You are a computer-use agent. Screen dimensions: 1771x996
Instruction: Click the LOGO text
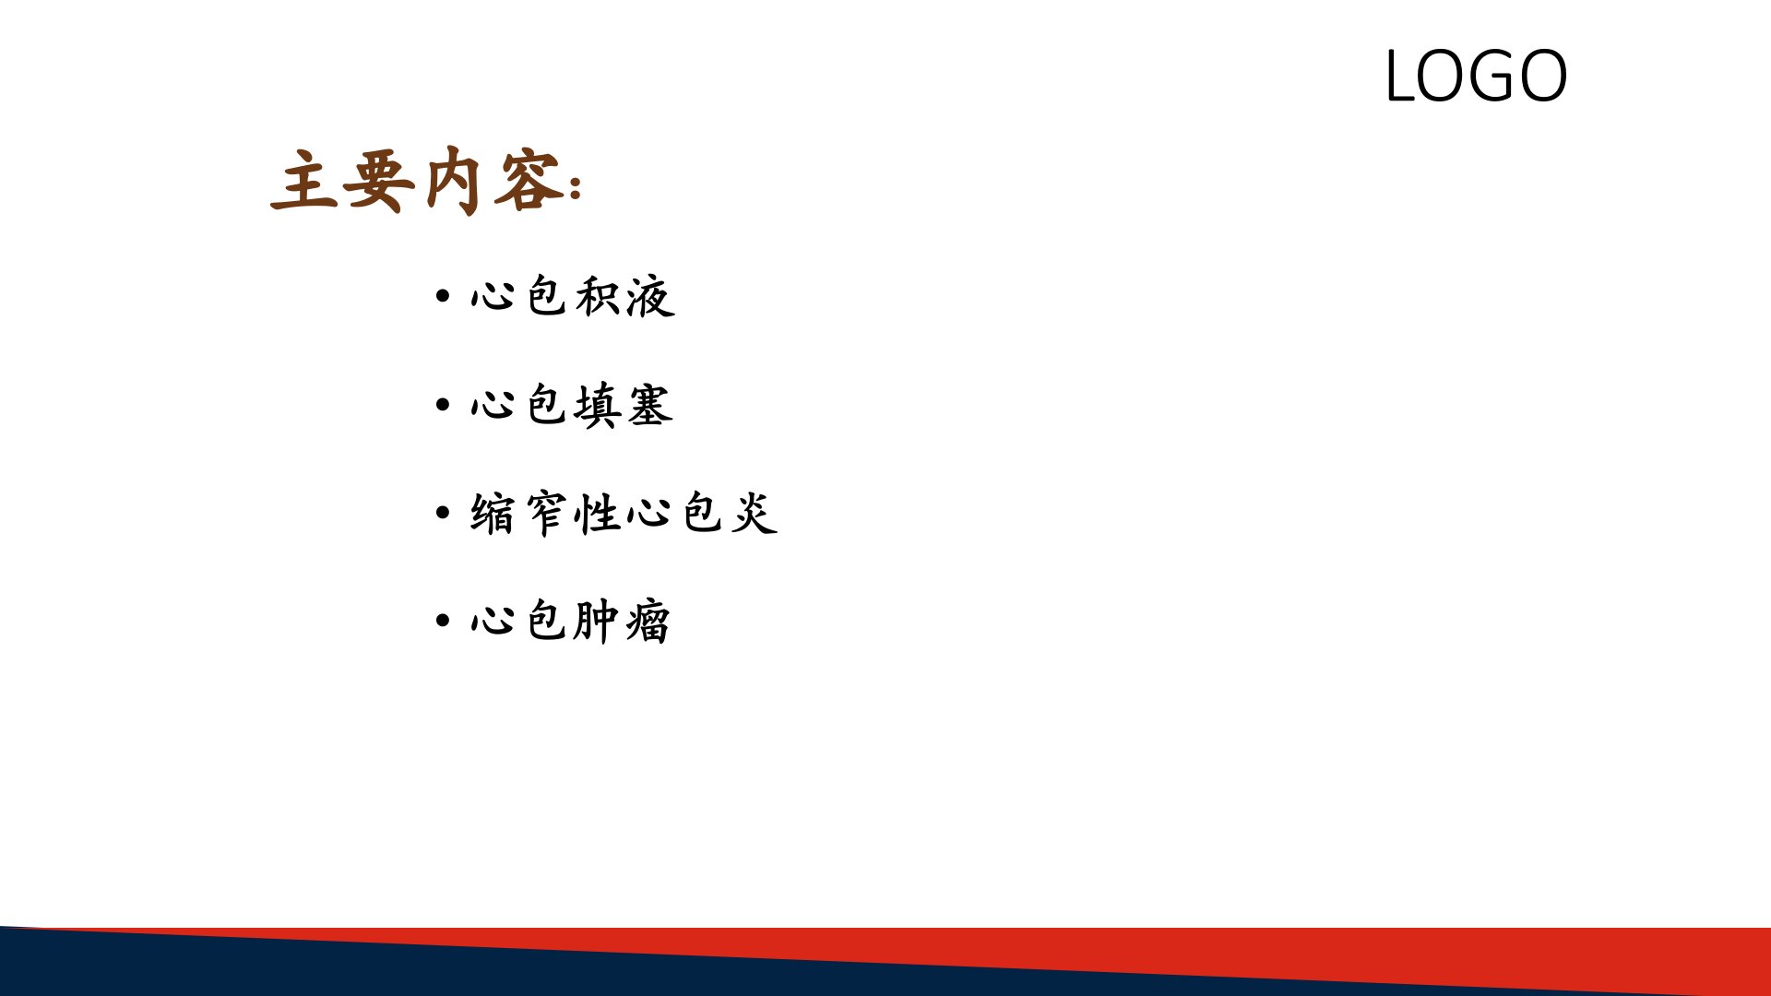pos(1476,76)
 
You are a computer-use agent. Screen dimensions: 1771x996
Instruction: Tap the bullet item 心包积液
pos(573,296)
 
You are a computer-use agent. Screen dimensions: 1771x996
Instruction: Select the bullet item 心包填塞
pos(573,405)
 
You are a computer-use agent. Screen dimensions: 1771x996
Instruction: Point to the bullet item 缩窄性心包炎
pos(624,513)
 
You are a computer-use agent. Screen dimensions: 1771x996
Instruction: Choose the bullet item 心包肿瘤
pos(571,621)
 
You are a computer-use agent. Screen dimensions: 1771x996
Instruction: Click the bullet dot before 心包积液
pos(443,296)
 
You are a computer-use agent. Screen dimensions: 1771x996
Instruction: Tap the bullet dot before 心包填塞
pos(443,405)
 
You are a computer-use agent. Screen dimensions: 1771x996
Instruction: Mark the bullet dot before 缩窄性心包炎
pos(443,513)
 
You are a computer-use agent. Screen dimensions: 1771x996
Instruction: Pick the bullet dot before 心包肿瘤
pos(443,621)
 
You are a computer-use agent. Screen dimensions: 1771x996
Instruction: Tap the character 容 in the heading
pos(529,181)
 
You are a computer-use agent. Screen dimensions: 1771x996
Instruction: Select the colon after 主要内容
pos(576,187)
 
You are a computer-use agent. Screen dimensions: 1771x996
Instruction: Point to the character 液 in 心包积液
pos(650,296)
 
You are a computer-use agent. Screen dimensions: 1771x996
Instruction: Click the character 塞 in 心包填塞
pos(650,405)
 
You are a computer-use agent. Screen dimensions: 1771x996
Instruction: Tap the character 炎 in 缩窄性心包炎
pos(755,513)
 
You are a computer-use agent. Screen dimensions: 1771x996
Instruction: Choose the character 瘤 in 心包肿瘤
pos(648,621)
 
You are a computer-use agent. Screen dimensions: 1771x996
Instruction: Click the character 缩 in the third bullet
pos(493,513)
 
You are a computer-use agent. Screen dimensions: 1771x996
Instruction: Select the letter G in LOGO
pos(1480,76)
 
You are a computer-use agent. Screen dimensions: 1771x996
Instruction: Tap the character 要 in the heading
pos(378,181)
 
